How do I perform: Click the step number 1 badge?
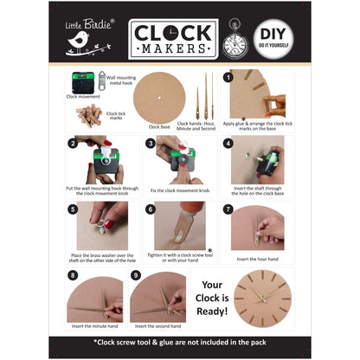pyautogui.click(x=227, y=77)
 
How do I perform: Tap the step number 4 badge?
pyautogui.click(x=227, y=143)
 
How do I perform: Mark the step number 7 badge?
pyautogui.click(x=227, y=209)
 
